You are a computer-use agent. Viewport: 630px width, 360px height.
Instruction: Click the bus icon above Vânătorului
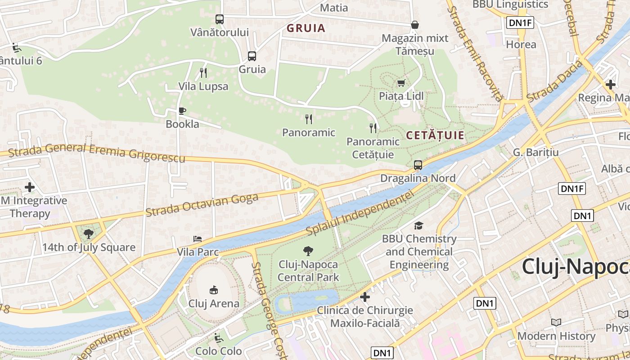point(219,19)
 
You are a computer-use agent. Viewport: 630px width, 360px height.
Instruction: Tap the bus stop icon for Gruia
point(252,56)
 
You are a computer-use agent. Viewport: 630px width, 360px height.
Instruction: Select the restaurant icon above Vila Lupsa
point(203,72)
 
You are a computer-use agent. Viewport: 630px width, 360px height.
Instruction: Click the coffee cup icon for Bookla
point(182,111)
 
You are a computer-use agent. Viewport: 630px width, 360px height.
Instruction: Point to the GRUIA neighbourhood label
point(306,28)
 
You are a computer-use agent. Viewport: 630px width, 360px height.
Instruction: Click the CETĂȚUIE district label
point(435,135)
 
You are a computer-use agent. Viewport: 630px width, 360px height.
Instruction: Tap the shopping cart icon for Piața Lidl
point(401,83)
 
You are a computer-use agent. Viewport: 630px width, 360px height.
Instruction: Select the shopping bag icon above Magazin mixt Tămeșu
point(415,25)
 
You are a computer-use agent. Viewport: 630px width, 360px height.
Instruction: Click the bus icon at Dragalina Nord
point(418,165)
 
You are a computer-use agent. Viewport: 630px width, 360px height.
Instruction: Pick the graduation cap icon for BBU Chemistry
point(419,225)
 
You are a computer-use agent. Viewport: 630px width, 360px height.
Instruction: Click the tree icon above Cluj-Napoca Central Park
point(308,251)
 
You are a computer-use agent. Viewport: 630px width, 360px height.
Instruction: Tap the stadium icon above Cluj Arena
point(214,290)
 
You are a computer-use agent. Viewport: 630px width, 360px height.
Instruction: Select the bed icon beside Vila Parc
point(197,239)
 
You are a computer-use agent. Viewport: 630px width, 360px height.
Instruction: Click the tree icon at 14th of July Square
point(89,234)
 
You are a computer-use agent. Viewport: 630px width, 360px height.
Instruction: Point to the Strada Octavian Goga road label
point(202,205)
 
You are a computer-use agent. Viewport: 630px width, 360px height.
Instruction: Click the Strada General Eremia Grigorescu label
point(97,153)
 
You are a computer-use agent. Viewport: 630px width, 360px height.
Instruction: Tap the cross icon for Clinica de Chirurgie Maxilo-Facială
point(365,297)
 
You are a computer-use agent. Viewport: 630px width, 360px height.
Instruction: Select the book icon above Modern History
point(556,322)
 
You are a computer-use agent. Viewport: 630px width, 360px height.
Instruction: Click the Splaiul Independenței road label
point(360,213)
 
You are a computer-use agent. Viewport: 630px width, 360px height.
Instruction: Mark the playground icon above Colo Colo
point(218,337)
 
